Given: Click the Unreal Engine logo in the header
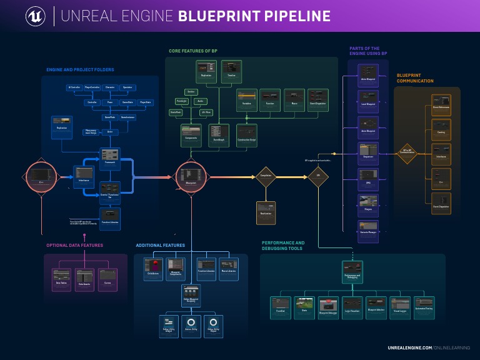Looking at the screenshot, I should pos(35,16).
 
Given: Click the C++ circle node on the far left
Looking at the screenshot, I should pos(41,177).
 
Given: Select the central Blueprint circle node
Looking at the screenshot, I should pos(191,177).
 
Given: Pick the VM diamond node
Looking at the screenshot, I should pos(318,177).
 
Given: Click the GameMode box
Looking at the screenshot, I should pos(110,117).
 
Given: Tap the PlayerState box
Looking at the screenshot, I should pos(145,102).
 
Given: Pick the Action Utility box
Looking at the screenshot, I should pos(191,326).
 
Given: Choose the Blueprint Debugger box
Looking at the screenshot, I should pos(328,307).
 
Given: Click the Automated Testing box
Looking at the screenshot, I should pos(424,307).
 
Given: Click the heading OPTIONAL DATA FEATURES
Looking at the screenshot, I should pos(74,245).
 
